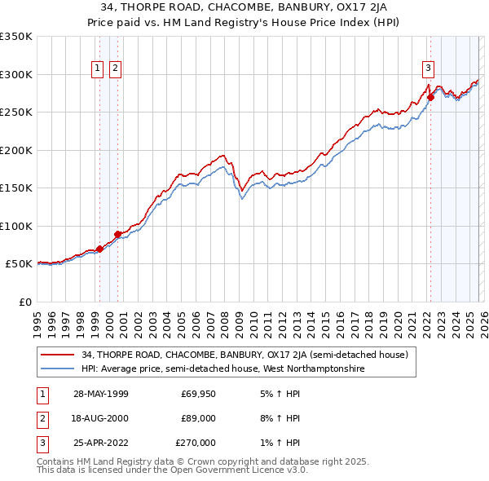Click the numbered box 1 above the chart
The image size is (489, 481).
pos(98,69)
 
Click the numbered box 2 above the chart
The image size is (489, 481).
pos(115,69)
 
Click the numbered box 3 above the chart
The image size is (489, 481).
pos(428,69)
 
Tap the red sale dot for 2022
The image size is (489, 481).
pos(430,98)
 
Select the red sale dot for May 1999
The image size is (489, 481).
pos(99,249)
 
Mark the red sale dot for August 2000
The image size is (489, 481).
pos(117,235)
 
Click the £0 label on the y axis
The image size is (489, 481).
pos(25,302)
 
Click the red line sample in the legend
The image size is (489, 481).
pos(57,355)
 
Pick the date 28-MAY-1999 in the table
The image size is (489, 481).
pos(100,394)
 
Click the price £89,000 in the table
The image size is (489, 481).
pos(198,418)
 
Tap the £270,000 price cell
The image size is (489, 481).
pos(196,443)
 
